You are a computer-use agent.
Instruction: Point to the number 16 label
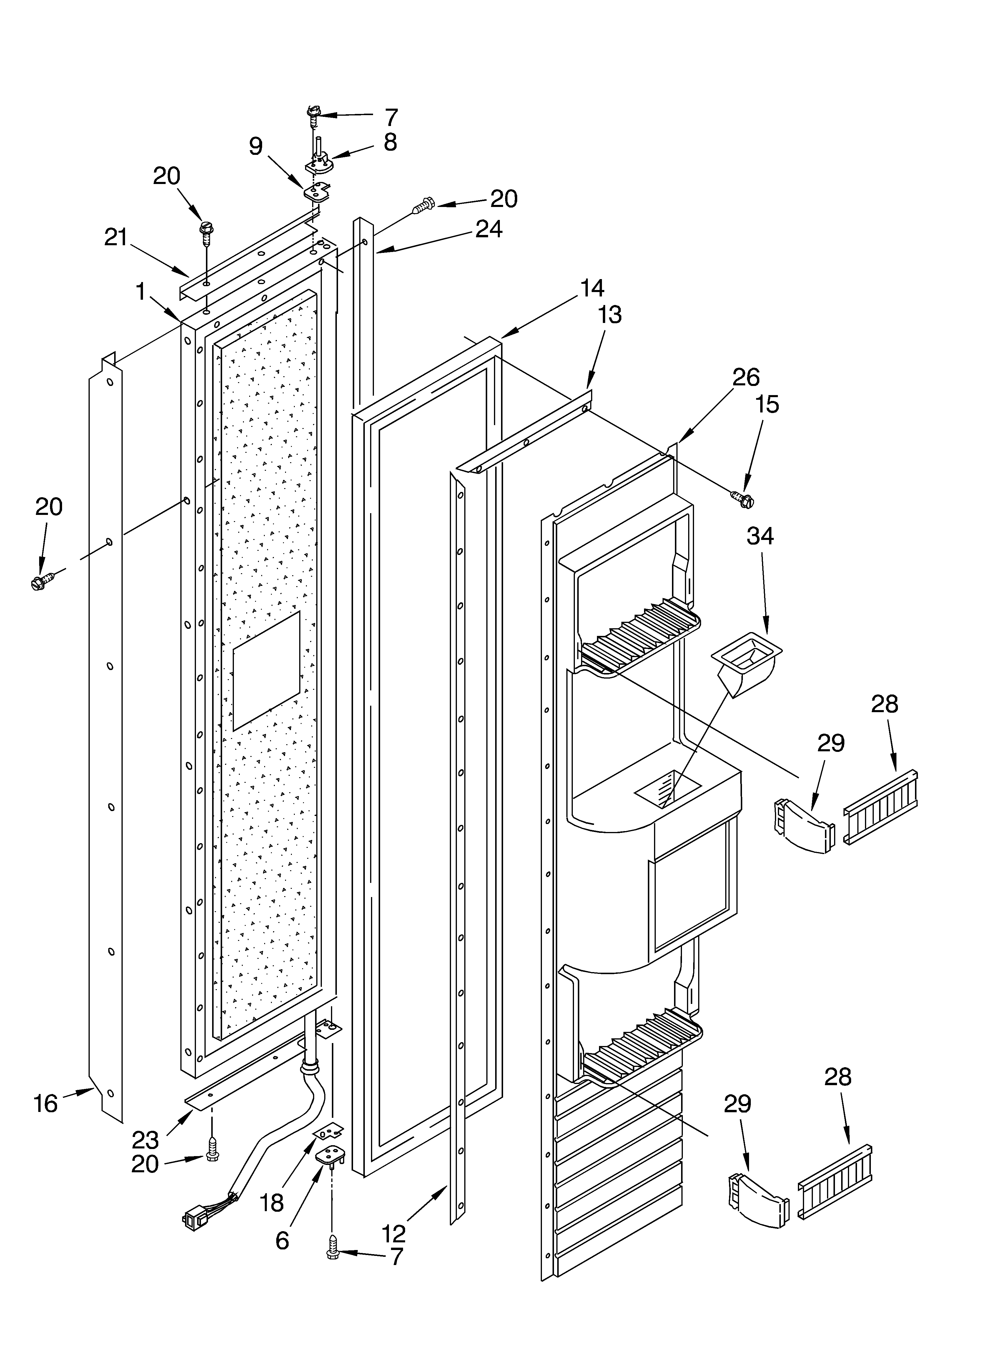pyautogui.click(x=46, y=1104)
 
